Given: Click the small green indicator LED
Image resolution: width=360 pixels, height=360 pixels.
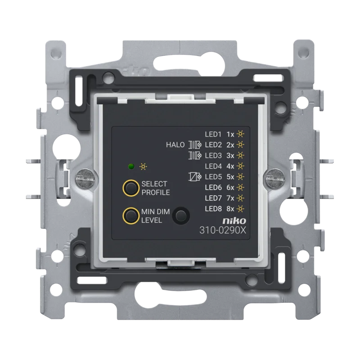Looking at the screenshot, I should [x=131, y=166].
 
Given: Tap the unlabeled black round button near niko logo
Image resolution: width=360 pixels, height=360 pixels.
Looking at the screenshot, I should [x=181, y=215].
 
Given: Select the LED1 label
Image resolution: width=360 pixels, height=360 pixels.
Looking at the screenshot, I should [x=213, y=134].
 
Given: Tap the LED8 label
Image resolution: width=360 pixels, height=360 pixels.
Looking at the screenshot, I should [x=213, y=208].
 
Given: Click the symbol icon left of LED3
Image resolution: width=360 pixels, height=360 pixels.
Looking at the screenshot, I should [x=195, y=155].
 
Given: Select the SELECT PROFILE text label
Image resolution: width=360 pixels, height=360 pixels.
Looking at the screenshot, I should [x=154, y=188].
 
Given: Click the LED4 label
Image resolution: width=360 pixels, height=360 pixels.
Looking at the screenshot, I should [x=213, y=166].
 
